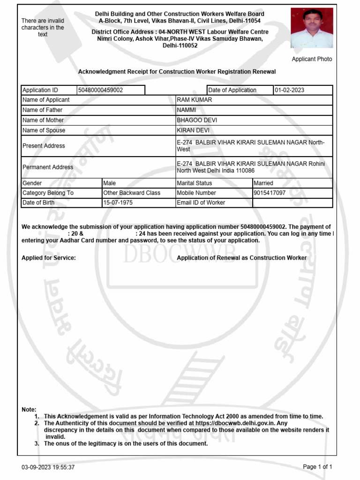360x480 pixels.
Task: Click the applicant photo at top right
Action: (x=312, y=28)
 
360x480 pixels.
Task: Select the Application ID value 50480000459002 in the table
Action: (x=101, y=90)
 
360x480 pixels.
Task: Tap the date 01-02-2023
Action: (x=289, y=90)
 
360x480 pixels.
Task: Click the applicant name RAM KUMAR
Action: (x=195, y=100)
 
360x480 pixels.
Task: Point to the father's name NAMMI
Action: (x=187, y=110)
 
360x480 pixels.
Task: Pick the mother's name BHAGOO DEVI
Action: (x=197, y=120)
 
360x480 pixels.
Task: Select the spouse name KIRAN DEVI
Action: (x=193, y=130)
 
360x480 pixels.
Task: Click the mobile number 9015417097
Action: (x=270, y=193)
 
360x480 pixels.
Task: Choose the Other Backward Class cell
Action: (x=132, y=193)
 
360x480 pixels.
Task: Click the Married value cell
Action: (x=263, y=183)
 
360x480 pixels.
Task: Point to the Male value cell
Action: (x=110, y=183)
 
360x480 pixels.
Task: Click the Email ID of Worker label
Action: (x=201, y=203)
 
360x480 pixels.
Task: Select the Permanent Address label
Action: (x=48, y=167)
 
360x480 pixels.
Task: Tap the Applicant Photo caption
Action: (x=312, y=59)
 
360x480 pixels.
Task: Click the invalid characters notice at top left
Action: (x=43, y=28)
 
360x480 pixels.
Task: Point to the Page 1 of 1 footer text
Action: (x=317, y=467)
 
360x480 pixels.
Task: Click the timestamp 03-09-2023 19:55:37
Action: (x=48, y=467)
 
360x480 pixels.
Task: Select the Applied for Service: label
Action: (x=49, y=258)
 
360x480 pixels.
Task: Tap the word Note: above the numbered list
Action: (x=29, y=410)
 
